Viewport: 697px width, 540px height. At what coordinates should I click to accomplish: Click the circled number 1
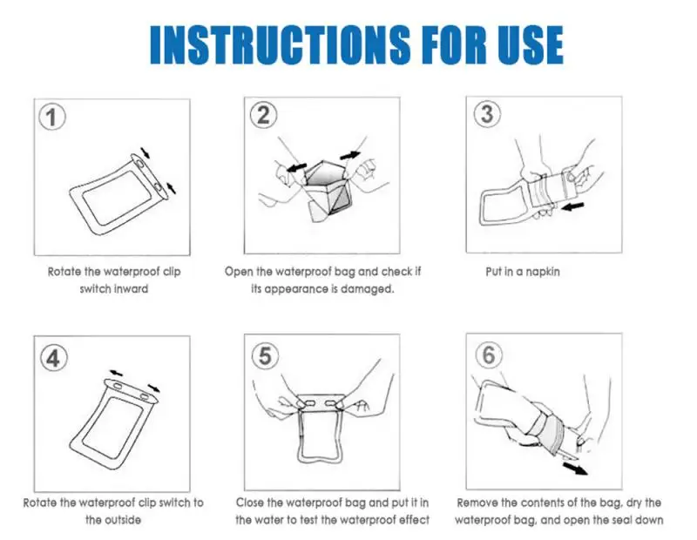point(52,118)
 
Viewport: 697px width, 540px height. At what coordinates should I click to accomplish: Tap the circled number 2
point(264,115)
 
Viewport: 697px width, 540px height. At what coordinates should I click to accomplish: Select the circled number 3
point(487,114)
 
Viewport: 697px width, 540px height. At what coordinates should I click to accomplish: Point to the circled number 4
point(54,358)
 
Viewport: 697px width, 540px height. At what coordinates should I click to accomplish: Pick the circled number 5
point(266,355)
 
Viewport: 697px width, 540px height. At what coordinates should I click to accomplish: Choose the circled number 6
point(489,354)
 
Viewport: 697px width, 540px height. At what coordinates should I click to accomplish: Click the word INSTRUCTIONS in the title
point(279,45)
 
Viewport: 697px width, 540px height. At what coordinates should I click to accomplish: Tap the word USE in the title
point(531,45)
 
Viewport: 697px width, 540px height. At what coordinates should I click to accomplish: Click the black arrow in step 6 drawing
point(575,469)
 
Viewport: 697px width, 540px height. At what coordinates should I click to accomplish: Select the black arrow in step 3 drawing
point(572,206)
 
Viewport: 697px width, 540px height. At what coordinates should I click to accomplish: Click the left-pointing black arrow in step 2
point(297,168)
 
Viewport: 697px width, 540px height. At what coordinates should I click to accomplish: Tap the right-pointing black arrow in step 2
point(350,155)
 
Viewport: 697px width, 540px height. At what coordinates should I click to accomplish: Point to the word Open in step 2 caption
point(239,272)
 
